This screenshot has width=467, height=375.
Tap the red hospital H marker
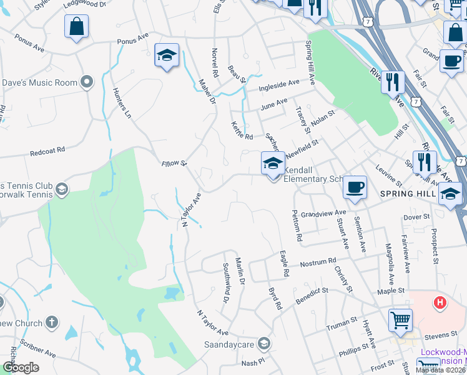[440, 303]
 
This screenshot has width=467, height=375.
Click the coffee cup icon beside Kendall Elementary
[355, 187]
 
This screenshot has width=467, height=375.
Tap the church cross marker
[52, 323]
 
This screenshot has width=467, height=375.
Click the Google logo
[21, 367]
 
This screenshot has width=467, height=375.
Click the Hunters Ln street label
[122, 102]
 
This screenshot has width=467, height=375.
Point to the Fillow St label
[174, 164]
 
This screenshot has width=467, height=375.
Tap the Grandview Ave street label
[323, 214]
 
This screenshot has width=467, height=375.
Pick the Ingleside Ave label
[280, 83]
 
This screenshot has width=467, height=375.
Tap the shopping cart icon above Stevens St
[400, 320]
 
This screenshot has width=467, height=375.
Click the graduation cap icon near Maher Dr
[167, 56]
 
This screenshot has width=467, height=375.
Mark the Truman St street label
[340, 326]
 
